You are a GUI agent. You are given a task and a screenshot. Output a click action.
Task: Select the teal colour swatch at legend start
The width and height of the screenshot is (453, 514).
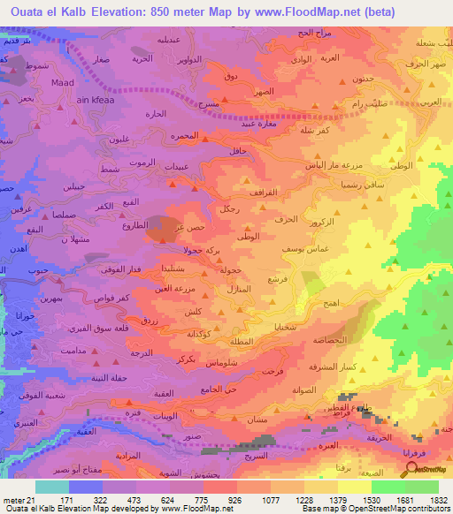(52, 487)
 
